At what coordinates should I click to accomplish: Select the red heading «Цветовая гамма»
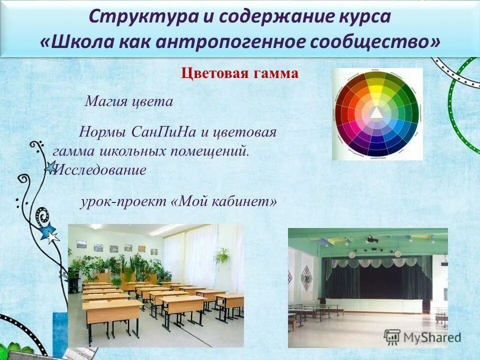pos(239,74)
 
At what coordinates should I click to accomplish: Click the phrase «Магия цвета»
pos(128,102)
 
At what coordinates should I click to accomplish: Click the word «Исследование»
pos(100,170)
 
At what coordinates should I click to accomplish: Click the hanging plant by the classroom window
pos(222,256)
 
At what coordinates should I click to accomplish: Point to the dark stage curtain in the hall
pos(375,280)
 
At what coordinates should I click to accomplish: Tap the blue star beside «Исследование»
pos(50,168)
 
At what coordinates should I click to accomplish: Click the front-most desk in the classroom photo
pos(111,312)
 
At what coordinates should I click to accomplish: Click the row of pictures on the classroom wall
pos(117,247)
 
